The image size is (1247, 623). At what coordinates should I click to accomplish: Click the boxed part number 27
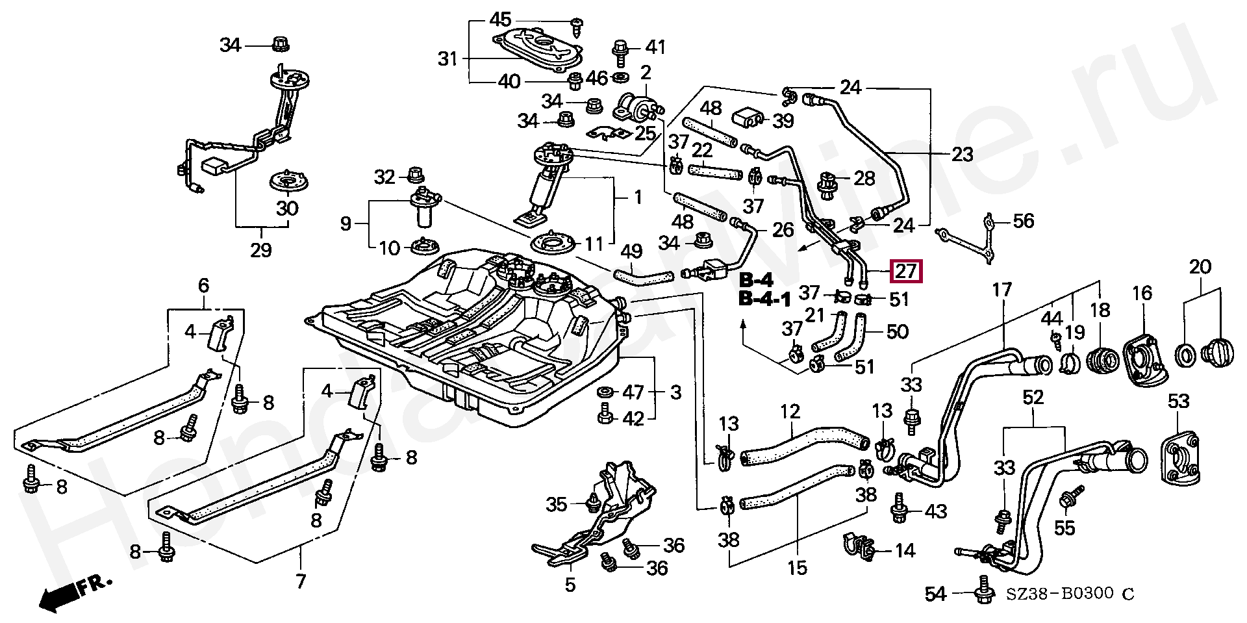point(906,271)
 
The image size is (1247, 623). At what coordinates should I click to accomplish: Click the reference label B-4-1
point(764,300)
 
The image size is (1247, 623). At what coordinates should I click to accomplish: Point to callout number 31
point(447,60)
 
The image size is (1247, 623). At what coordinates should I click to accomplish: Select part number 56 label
point(1024,222)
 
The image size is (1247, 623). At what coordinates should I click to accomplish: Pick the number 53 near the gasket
point(1178,401)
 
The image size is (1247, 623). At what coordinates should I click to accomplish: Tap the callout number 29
point(260,249)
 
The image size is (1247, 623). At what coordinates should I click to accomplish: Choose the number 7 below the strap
point(300,580)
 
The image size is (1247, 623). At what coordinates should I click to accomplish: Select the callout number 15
point(797,567)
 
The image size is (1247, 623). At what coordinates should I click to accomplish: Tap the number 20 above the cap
point(1201,267)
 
